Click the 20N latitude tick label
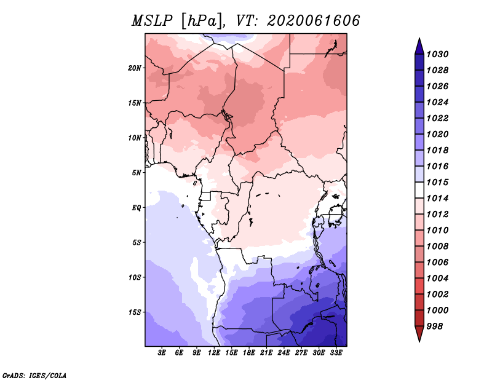(x=134, y=68)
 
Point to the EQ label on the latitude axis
(x=136, y=208)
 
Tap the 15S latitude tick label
(x=135, y=312)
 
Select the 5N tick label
(x=137, y=173)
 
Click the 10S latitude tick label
(x=135, y=277)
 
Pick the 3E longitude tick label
(x=162, y=353)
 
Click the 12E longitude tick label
(x=214, y=353)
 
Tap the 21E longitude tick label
(x=266, y=353)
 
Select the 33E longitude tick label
(x=336, y=353)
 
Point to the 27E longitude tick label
(x=301, y=353)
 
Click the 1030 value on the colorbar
(x=437, y=54)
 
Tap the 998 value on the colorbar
(x=435, y=327)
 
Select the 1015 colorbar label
(x=437, y=182)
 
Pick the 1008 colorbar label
(x=437, y=247)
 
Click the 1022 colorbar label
(x=437, y=118)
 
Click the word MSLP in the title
(x=152, y=21)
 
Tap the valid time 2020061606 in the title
(x=313, y=21)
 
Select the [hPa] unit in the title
(x=203, y=22)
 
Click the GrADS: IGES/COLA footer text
(x=34, y=376)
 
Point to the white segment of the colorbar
(x=419, y=190)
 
